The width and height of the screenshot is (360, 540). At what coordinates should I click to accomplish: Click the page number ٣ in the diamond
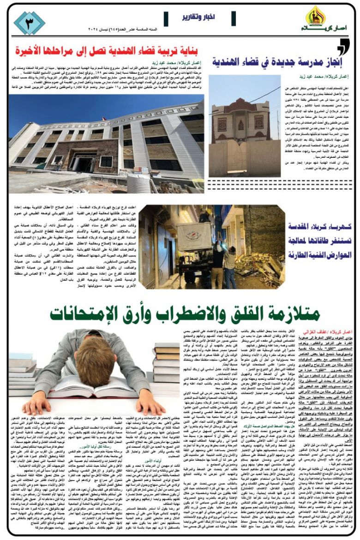[x=29, y=22]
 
